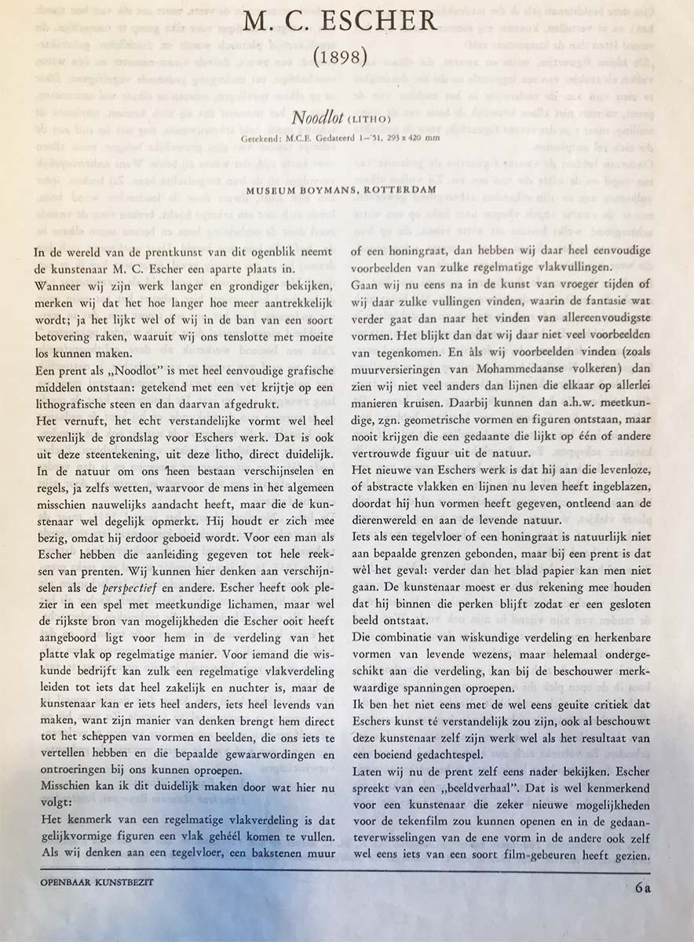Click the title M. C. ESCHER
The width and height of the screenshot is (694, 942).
[x=339, y=21]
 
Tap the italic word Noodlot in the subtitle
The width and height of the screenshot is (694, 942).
[x=316, y=118]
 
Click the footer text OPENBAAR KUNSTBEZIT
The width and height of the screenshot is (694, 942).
[x=97, y=882]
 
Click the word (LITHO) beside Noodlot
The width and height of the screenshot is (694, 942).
[x=363, y=119]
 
